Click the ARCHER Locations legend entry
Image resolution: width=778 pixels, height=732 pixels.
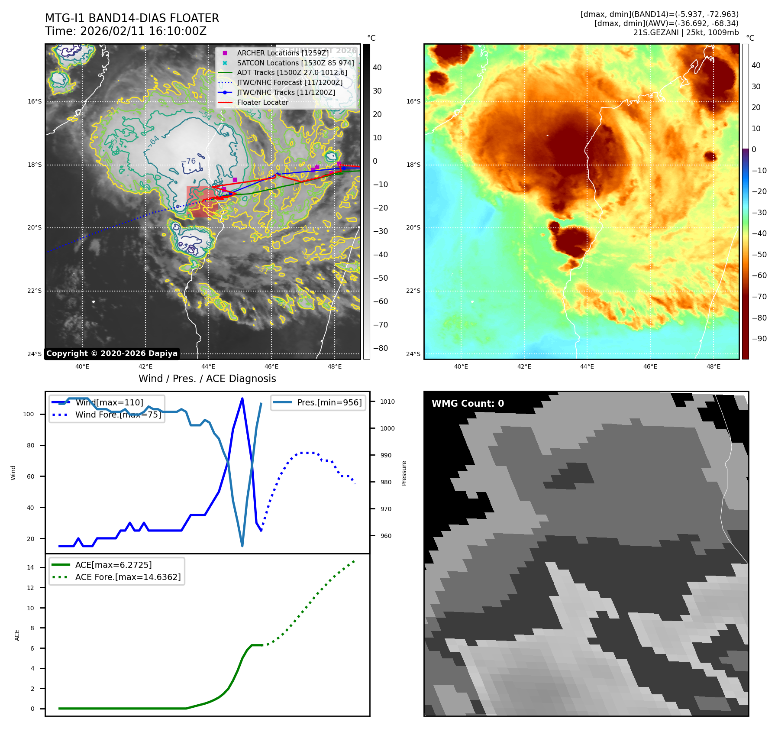282,53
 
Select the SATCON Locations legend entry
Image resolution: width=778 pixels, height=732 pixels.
295,63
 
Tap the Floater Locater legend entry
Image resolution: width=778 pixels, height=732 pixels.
262,103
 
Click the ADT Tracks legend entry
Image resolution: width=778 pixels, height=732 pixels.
292,73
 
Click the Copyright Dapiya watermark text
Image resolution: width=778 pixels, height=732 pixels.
112,353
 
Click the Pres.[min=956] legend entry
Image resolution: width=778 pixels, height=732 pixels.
329,402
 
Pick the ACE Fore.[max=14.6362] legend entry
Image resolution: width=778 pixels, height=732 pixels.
128,577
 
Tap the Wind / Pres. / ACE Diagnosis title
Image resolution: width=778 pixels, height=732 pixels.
207,379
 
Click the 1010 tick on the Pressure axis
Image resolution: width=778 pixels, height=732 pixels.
387,402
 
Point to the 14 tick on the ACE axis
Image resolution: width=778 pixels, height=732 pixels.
30,567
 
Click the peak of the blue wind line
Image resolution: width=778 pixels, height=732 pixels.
242,398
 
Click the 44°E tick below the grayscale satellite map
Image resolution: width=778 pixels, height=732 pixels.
208,366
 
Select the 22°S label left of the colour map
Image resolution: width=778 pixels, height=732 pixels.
413,291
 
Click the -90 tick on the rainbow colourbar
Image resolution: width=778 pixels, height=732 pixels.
759,339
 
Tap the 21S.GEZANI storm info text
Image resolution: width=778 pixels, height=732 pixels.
686,32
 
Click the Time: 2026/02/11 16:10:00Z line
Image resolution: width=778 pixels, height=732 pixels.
126,31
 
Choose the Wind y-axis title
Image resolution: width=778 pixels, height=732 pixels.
13,473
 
